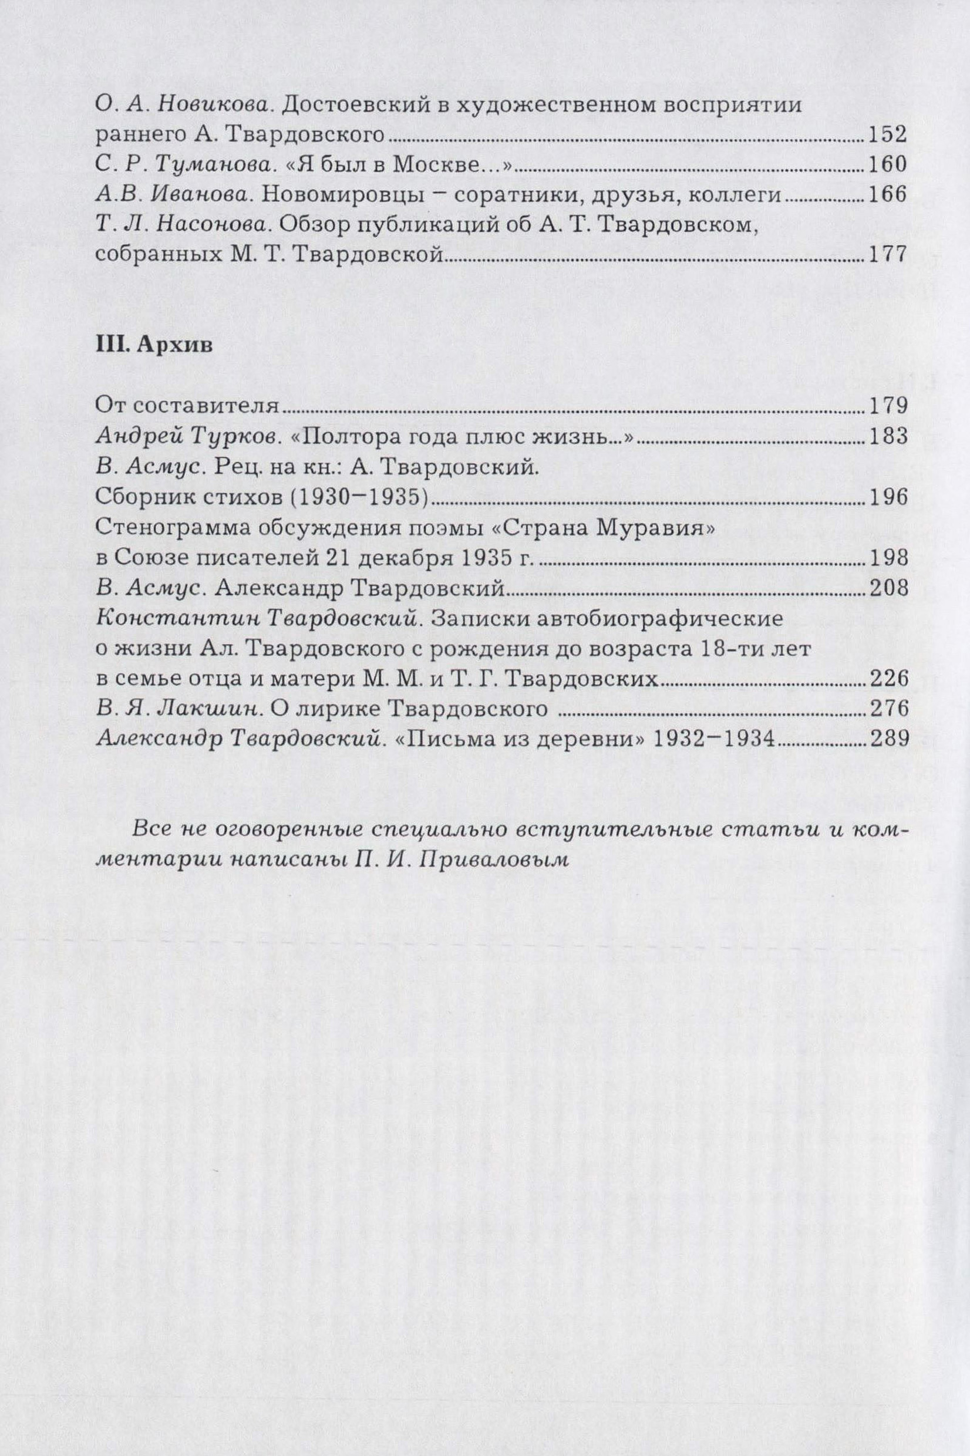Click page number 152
point(887,134)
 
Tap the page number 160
point(887,164)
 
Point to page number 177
point(887,255)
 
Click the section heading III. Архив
point(154,346)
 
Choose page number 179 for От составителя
point(887,406)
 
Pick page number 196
point(887,497)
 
